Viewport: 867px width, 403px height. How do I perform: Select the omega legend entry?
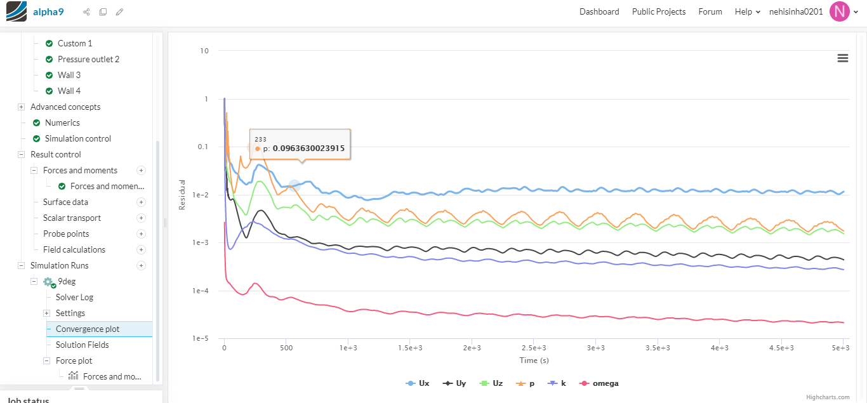605,383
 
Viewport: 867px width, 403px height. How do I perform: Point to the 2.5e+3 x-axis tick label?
534,348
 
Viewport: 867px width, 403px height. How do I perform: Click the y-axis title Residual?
182,195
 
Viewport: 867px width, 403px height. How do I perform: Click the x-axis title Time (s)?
533,360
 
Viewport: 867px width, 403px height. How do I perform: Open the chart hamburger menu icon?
843,58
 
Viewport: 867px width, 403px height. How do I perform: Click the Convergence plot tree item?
88,329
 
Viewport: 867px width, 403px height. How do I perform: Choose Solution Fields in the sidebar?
82,345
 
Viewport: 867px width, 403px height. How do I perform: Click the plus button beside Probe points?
141,234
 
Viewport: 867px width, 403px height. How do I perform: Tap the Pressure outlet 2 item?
88,59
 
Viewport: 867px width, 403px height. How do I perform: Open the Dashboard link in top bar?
599,11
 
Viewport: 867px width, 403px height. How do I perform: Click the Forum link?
710,11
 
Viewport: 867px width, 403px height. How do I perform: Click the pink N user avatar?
839,11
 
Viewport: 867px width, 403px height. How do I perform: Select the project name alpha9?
48,11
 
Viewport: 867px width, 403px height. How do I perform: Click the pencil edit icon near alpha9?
119,12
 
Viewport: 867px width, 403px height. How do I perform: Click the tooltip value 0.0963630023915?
308,149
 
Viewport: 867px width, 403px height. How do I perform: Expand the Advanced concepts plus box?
21,107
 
